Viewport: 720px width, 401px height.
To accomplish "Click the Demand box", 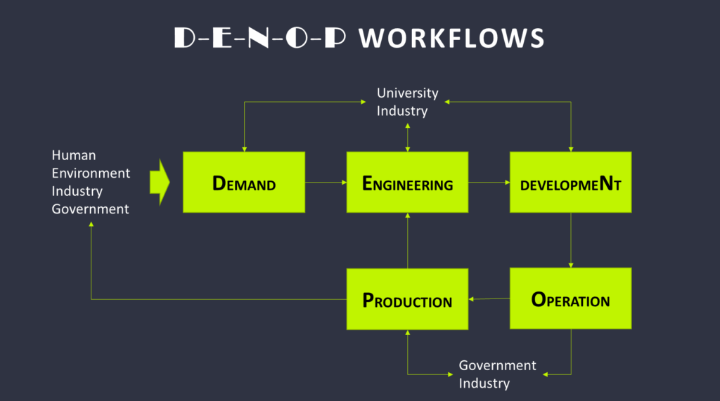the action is pos(244,182).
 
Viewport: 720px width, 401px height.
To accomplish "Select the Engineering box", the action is pos(407,182).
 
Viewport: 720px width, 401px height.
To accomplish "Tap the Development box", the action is pos(571,182).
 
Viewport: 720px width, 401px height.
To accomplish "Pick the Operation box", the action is pos(571,298).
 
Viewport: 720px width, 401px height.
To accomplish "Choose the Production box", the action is pos(407,299).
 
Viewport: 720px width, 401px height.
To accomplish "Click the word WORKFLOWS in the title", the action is pos(451,38).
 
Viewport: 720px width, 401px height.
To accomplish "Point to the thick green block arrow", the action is pos(160,182).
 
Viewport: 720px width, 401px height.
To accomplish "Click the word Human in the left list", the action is pos(73,155).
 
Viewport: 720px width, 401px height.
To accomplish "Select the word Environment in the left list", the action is pos(91,173).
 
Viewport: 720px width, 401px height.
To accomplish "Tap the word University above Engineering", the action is pos(408,93).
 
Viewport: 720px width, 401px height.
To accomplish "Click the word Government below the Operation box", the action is pos(497,365).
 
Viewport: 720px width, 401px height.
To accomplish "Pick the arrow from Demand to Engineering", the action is pos(326,182).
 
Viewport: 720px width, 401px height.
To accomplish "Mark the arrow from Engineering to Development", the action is pos(489,182).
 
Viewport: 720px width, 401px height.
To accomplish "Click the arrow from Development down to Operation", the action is pos(571,240).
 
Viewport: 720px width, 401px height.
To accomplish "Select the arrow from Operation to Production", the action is pos(489,298).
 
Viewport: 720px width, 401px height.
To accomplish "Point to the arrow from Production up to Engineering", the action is pos(407,240).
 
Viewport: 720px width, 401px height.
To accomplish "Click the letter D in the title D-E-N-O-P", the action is pos(185,38).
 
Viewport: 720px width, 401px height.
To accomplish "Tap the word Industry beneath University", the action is pos(402,111).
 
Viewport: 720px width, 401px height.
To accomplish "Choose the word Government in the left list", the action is pos(90,209).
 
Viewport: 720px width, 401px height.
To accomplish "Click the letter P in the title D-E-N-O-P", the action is pos(335,38).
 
